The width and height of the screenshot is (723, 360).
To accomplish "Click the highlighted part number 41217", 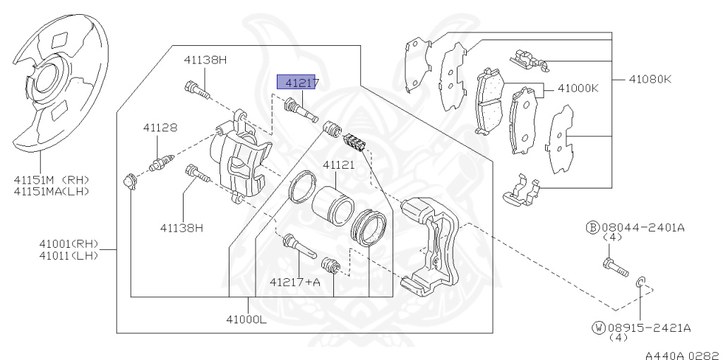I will [299, 83].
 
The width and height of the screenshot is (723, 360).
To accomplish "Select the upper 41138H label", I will [205, 60].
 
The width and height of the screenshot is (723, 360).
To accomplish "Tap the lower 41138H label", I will [181, 227].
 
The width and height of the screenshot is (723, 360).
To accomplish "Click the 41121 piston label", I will [339, 164].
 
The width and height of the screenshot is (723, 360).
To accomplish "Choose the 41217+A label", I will [294, 282].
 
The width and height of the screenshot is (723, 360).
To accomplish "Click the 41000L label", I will [246, 320].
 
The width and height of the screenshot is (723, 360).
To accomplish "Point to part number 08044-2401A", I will [645, 227].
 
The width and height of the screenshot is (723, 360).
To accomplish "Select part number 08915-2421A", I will [647, 328].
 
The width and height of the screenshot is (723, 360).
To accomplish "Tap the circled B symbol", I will [592, 227].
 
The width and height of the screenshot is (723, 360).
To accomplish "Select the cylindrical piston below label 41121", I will [333, 204].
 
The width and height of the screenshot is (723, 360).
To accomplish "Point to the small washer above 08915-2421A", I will [640, 283].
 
